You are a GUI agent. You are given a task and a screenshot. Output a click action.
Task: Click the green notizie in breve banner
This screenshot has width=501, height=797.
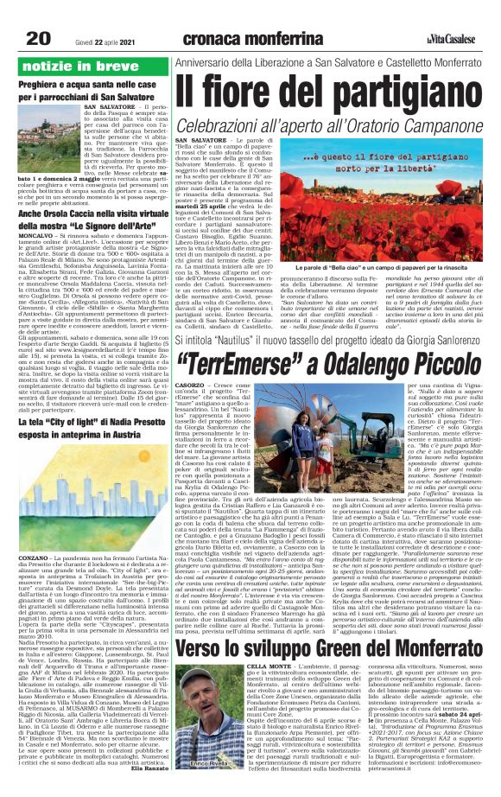pos(80,65)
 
